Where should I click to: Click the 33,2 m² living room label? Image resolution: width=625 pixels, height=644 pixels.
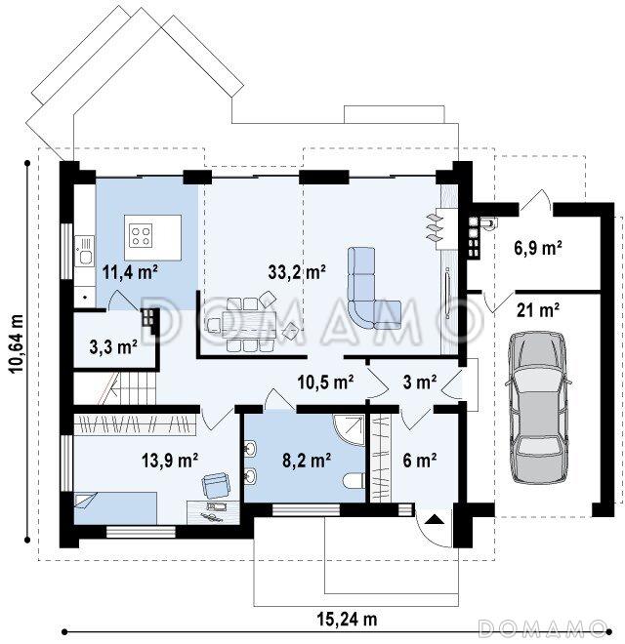[297, 272]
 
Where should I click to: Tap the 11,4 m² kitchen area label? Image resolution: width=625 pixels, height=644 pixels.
[130, 272]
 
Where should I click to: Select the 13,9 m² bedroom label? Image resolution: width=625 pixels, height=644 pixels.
[170, 460]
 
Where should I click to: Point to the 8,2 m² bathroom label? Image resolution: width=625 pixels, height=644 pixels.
[307, 460]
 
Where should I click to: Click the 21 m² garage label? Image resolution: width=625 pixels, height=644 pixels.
[538, 310]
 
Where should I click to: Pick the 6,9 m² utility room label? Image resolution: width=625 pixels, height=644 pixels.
[538, 248]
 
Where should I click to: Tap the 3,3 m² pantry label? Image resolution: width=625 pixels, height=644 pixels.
[113, 347]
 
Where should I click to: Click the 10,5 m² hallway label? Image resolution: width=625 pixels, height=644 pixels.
[325, 382]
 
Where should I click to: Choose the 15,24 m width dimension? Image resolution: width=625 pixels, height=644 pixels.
[347, 619]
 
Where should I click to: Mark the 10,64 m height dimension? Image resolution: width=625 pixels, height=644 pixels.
[17, 343]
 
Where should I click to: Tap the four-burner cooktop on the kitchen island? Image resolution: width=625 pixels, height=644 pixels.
[141, 235]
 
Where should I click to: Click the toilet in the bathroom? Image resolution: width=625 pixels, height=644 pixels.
[354, 481]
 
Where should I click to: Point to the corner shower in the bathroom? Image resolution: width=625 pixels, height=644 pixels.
[349, 429]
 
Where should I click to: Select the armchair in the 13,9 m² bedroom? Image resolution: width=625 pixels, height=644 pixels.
[215, 484]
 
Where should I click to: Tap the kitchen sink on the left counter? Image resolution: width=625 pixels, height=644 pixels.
[85, 251]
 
